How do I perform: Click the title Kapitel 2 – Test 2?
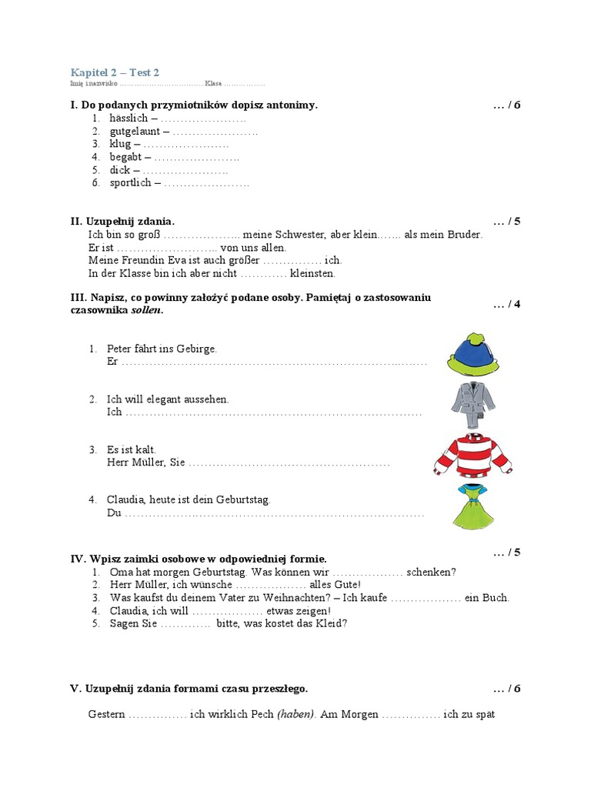[115, 72]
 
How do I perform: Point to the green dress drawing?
[471, 506]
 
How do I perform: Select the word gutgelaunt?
[135, 131]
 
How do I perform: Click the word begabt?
[126, 157]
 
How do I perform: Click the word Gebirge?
[197, 349]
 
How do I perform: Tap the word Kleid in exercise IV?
[334, 623]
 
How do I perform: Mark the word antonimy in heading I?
[290, 105]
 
